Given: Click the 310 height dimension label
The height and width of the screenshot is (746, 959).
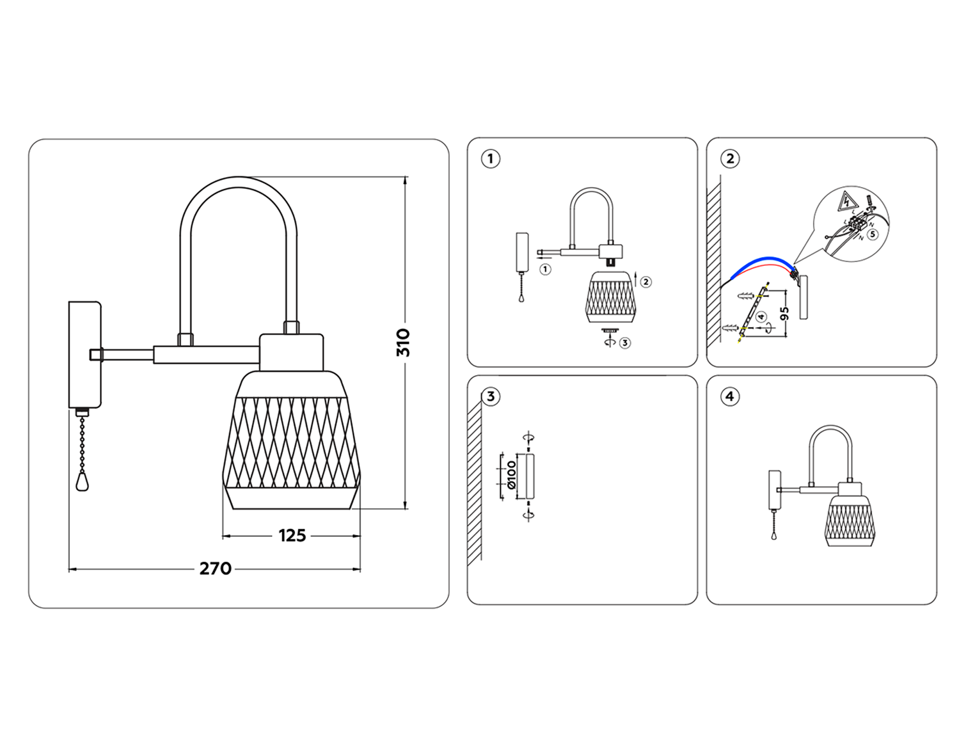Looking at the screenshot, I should tap(403, 343).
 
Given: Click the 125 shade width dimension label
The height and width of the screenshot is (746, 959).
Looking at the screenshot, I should tap(292, 536).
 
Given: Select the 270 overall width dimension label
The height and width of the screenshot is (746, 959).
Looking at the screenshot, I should tap(215, 569).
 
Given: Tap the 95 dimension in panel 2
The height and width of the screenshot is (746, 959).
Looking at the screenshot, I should tap(784, 313).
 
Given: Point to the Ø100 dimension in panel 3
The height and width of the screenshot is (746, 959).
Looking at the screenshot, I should tap(511, 475).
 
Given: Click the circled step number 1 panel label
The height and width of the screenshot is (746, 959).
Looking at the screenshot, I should tap(490, 159).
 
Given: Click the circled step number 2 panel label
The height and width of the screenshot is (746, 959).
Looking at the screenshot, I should tap(730, 159).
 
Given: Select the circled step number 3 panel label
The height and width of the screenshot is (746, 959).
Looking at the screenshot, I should tap(490, 396).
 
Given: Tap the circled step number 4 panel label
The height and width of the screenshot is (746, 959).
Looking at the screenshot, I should tap(730, 396).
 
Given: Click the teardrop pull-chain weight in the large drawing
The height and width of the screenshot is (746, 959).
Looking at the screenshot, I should tap(82, 482).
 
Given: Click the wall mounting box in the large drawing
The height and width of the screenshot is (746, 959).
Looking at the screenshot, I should tap(85, 354).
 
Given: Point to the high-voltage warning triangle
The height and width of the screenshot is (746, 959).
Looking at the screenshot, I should tap(847, 202).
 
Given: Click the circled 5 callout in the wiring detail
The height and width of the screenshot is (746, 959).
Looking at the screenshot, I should tap(872, 234).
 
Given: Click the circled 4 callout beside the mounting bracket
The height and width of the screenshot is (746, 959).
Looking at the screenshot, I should tap(761, 317).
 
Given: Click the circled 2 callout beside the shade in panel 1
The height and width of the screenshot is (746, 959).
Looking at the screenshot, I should tap(646, 282).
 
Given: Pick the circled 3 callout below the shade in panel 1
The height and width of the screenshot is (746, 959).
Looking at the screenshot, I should tap(625, 343).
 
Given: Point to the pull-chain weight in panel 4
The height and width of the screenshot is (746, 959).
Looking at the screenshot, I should tap(774, 536).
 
